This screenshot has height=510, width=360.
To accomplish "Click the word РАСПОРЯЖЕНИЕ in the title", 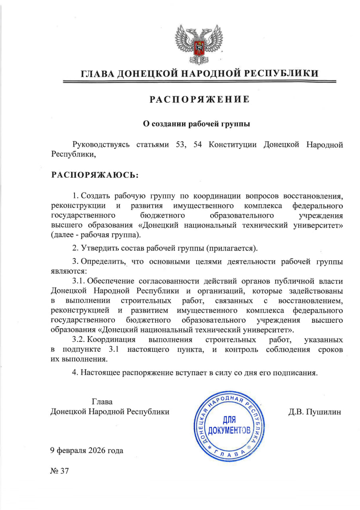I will point(200,99).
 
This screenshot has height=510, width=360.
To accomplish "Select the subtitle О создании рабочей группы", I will point(197,124).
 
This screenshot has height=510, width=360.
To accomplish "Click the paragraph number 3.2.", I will point(78,340).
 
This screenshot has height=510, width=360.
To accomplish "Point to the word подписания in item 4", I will point(297,373).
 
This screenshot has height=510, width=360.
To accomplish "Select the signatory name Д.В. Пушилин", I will point(315,412).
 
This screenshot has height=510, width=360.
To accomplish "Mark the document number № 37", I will point(60,471).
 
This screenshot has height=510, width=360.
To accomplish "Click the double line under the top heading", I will point(200,82).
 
